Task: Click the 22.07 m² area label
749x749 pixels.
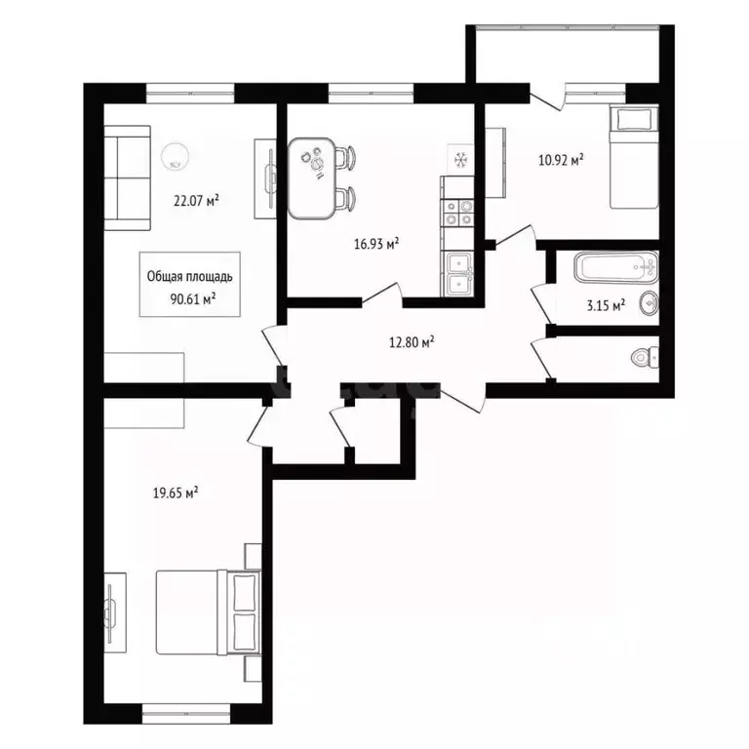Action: click(x=195, y=202)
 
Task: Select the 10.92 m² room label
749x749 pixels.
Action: click(x=561, y=161)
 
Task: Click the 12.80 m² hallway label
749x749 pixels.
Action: click(x=410, y=342)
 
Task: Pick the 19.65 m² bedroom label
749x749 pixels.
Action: click(x=177, y=494)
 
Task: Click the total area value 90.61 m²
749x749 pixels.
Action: click(x=191, y=298)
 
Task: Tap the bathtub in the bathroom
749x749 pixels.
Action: click(x=615, y=267)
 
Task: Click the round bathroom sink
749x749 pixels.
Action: click(x=650, y=302)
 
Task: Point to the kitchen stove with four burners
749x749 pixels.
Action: click(x=458, y=212)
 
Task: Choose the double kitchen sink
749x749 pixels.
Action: click(x=457, y=273)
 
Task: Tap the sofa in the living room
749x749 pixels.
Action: click(x=128, y=182)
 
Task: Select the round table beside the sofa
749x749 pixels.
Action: click(x=177, y=155)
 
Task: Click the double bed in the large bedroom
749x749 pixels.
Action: click(x=208, y=611)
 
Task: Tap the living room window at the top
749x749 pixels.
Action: click(x=190, y=94)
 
